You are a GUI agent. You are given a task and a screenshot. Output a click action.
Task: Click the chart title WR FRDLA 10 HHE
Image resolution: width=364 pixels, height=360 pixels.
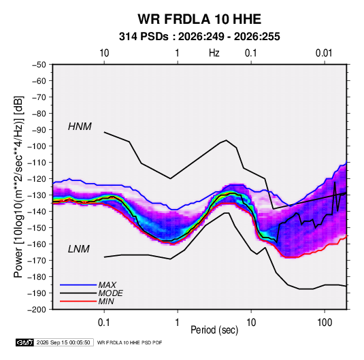click(199, 19)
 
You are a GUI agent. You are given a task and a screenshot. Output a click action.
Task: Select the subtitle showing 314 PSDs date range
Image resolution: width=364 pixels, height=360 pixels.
click(199, 37)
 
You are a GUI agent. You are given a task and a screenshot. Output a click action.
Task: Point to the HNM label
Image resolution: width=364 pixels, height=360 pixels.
click(80, 127)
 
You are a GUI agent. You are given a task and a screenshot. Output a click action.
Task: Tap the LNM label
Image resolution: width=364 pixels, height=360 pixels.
click(79, 249)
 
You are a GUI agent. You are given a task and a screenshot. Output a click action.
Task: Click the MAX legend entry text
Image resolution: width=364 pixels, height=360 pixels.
click(107, 284)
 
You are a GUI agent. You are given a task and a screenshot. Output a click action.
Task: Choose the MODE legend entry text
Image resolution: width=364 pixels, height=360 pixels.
click(110, 293)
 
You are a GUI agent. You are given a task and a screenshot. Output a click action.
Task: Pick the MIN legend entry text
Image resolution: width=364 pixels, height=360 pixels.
click(106, 301)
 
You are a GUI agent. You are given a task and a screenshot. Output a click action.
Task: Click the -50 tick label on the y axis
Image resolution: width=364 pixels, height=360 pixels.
click(39, 65)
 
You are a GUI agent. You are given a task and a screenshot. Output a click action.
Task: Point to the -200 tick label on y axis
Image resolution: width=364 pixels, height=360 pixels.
click(37, 310)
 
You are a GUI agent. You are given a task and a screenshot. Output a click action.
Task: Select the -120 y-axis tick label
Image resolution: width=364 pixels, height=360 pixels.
click(37, 179)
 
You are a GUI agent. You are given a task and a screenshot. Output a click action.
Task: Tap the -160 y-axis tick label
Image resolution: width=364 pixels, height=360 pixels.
click(37, 244)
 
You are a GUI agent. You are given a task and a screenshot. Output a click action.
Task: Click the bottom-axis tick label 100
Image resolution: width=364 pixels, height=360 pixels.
click(325, 323)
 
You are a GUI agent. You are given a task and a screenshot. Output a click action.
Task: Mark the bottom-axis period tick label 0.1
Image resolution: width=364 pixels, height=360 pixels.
click(104, 323)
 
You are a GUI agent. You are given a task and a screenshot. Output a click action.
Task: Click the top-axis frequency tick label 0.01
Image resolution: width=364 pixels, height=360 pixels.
click(324, 53)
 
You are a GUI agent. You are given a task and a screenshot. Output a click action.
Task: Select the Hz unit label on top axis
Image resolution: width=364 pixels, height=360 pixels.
click(214, 53)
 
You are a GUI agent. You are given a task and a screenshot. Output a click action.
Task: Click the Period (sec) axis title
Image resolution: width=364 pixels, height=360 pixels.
click(214, 330)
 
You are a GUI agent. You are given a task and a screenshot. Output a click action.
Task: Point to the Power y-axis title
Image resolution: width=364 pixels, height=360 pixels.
click(18, 186)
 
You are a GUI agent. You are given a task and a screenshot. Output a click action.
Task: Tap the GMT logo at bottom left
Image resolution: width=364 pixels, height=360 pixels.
click(24, 342)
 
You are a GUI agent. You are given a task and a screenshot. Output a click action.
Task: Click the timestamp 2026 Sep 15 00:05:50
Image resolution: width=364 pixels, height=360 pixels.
click(63, 342)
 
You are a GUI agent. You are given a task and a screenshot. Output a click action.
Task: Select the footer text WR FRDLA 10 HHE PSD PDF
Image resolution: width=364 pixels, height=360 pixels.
click(129, 343)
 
